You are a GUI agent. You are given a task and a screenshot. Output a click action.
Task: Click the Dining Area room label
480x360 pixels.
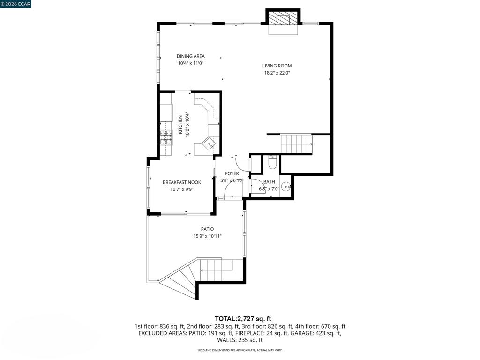190,56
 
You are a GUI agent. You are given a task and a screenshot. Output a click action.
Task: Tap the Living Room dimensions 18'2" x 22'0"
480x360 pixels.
277,73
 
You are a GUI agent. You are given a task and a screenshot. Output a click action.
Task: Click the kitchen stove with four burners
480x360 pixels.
166,137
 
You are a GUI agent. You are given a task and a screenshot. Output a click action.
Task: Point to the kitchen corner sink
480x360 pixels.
210,143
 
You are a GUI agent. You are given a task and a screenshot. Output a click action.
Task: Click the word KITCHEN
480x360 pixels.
180,125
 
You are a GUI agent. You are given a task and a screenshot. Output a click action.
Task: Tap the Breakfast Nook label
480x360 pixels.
182,182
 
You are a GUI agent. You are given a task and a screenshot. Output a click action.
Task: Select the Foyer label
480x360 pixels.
232,173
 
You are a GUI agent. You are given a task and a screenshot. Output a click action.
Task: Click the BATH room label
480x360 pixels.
269,182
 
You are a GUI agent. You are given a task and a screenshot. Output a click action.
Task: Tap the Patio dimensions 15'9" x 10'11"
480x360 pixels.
207,236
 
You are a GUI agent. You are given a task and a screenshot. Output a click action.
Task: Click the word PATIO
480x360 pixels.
207,229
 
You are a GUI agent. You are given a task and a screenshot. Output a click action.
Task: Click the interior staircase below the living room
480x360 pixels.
296,144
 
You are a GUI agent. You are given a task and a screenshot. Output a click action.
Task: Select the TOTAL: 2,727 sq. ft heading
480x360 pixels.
243,319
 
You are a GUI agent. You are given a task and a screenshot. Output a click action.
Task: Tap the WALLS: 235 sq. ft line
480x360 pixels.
240,340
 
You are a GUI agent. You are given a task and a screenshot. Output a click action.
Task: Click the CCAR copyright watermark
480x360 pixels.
15,4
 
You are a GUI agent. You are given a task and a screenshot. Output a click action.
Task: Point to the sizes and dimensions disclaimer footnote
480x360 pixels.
240,350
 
